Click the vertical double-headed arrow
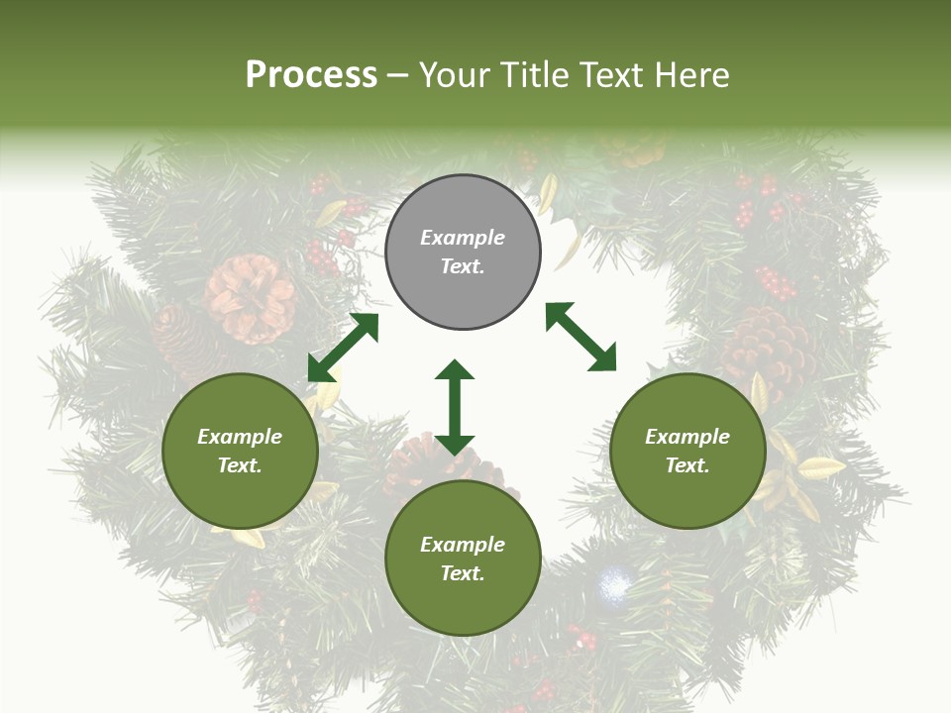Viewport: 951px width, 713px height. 455,407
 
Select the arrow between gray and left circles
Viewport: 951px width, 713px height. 343,348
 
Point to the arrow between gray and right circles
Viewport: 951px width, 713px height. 581,337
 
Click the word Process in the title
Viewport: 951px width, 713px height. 311,74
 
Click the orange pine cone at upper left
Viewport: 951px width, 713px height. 250,297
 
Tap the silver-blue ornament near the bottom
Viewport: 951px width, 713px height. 615,585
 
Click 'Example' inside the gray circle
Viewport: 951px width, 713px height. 463,238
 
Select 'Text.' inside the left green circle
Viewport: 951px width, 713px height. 240,465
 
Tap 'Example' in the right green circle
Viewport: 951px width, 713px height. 687,437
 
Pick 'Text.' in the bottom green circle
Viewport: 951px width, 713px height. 463,573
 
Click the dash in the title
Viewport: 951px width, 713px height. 398,75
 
